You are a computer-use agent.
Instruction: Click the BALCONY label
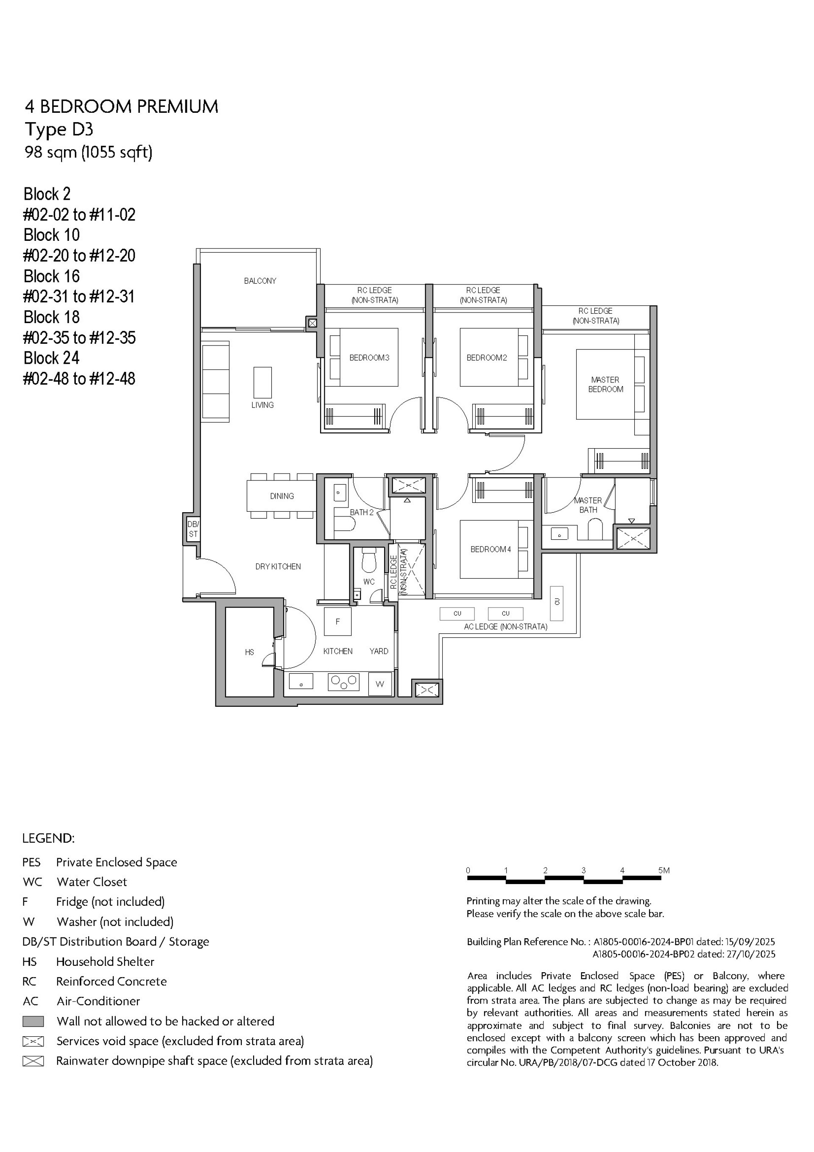(x=260, y=281)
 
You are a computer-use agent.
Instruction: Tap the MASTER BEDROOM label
(x=605, y=384)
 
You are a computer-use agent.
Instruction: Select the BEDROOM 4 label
(x=490, y=550)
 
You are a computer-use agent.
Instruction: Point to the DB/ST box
(x=193, y=529)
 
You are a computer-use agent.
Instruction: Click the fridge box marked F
(x=337, y=621)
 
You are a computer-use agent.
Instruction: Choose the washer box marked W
(x=380, y=684)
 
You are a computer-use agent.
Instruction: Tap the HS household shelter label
(x=249, y=652)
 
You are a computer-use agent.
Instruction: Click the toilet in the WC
(x=369, y=561)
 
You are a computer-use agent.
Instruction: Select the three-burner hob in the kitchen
(x=344, y=682)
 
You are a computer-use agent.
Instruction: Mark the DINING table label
(x=282, y=496)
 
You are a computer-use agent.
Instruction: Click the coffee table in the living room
(x=262, y=382)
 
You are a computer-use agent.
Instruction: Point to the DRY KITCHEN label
(x=278, y=566)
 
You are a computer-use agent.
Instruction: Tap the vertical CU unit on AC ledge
(x=556, y=603)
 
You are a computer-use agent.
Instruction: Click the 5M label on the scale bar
(x=663, y=870)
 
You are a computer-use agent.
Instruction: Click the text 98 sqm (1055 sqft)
(x=88, y=152)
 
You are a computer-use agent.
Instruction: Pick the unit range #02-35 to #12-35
(x=79, y=338)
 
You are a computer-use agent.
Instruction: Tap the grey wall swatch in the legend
(x=33, y=1021)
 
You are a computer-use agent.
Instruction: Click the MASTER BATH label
(x=588, y=505)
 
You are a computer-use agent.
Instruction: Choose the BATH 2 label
(x=361, y=512)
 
